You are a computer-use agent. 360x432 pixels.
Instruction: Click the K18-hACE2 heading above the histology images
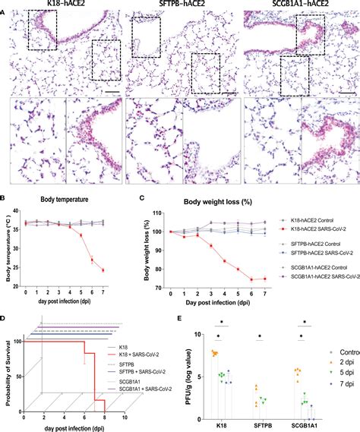coord(61,5)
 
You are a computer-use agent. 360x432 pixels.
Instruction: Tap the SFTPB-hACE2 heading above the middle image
coord(179,5)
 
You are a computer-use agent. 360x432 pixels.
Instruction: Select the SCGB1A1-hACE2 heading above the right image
coord(298,5)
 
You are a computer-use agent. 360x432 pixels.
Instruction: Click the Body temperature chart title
coord(61,200)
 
